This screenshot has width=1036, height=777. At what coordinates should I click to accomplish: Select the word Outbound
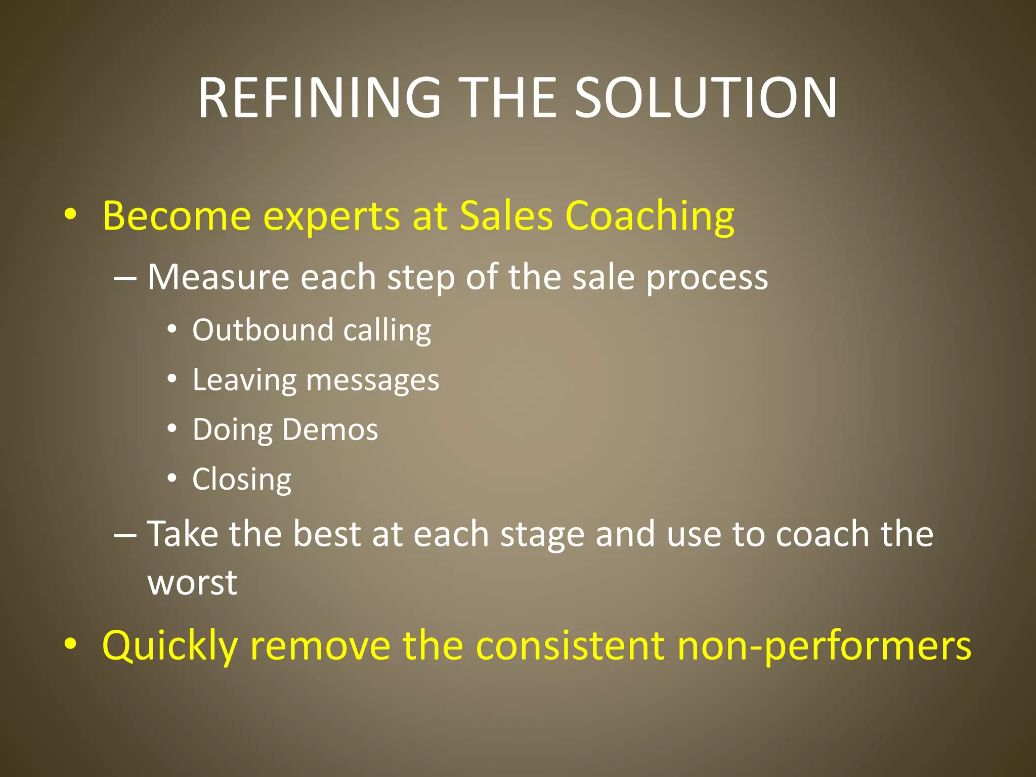(x=263, y=330)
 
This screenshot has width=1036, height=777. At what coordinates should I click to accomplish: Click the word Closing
(x=242, y=480)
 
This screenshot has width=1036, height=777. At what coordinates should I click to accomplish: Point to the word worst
(x=192, y=583)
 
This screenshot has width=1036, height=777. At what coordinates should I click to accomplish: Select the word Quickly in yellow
(x=169, y=647)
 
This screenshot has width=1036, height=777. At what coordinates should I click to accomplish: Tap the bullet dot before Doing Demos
(x=172, y=428)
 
